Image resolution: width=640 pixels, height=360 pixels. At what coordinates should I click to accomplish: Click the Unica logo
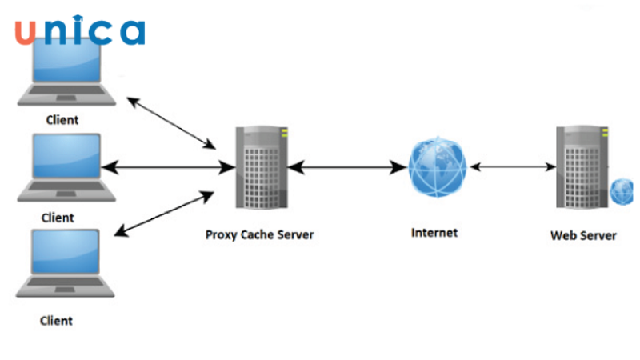click(x=78, y=30)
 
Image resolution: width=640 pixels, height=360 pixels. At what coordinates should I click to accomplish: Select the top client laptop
click(x=64, y=74)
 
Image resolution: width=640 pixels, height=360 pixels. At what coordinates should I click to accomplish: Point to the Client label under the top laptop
click(x=62, y=120)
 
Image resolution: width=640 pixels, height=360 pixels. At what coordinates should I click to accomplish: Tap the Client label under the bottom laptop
click(x=56, y=321)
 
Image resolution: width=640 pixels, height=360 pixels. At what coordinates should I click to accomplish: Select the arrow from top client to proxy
click(x=172, y=123)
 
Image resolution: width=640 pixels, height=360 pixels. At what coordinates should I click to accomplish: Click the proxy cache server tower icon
click(x=259, y=167)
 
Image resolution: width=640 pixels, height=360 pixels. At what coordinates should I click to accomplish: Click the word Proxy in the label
click(x=222, y=235)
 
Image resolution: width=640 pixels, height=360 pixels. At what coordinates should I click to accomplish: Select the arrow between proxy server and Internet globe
click(x=346, y=168)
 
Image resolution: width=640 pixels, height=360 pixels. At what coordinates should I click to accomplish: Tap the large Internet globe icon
click(x=437, y=167)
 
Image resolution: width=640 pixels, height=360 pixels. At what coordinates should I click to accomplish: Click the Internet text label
click(x=434, y=233)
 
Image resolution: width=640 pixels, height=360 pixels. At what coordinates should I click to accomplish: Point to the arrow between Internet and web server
click(x=513, y=168)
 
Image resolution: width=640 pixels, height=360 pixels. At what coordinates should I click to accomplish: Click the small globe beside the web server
click(x=623, y=191)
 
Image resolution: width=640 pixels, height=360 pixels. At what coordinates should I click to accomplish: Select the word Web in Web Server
click(x=563, y=236)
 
